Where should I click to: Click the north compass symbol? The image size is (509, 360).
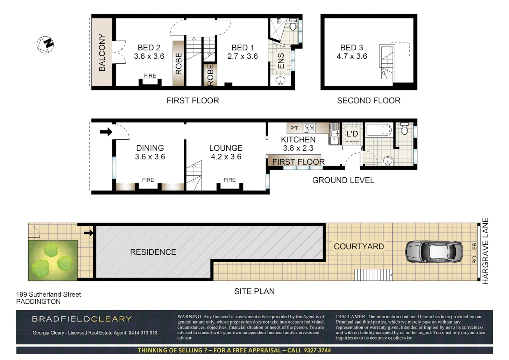tap(45, 44)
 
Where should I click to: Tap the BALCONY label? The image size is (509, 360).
tap(102, 52)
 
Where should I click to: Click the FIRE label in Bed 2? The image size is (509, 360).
tap(150, 76)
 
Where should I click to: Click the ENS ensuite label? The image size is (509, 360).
tap(281, 61)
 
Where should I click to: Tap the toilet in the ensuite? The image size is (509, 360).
tap(293, 25)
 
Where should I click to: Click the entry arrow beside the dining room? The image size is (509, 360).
tap(106, 132)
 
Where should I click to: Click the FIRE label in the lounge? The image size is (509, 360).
tap(230, 180)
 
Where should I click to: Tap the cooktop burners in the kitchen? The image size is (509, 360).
tap(309, 128)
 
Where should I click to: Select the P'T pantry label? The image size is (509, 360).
tap(294, 128)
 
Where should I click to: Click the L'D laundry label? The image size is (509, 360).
tap(352, 134)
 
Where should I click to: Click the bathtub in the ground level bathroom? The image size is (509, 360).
tap(379, 130)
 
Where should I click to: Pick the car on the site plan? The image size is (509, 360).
tap(434, 252)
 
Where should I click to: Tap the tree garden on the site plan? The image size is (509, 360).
tap(52, 260)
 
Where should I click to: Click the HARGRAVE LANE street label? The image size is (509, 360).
tap(485, 251)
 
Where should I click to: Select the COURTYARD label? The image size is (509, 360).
tap(359, 246)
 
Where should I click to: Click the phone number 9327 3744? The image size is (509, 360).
tap(317, 350)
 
